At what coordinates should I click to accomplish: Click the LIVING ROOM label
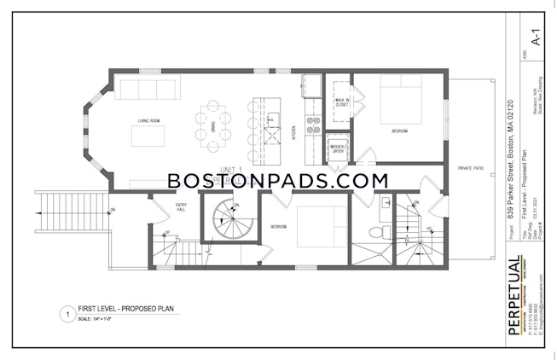tap(149, 121)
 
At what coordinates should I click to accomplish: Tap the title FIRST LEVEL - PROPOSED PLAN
tap(114, 311)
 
